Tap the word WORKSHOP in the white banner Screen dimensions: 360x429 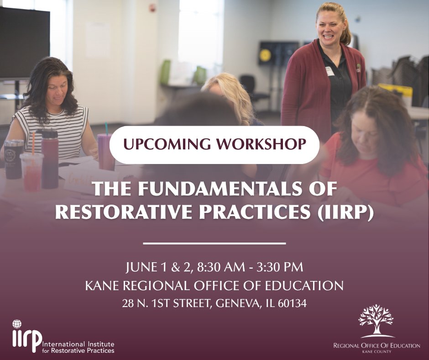(x=258, y=144)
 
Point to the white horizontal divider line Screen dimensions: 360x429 (x=214, y=243)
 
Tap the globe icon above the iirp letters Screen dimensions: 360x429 (x=17, y=324)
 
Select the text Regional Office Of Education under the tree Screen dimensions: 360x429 (x=377, y=346)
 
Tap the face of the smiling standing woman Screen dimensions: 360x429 (x=332, y=28)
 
